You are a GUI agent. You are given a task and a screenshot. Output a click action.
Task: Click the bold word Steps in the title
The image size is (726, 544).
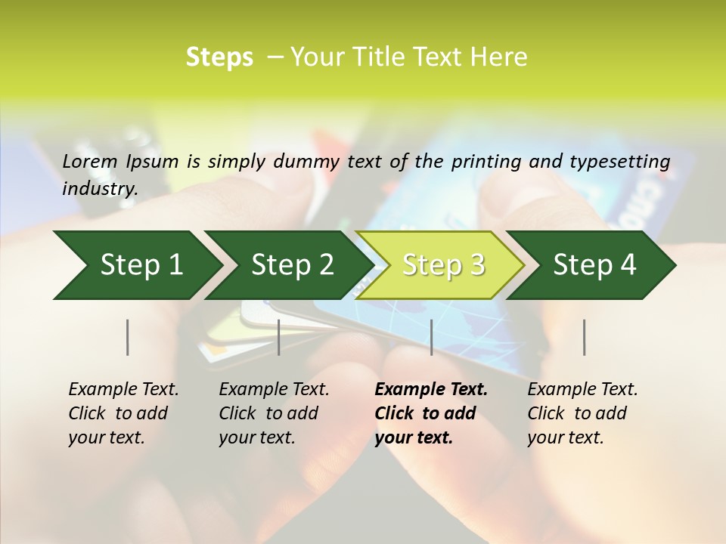tap(219, 57)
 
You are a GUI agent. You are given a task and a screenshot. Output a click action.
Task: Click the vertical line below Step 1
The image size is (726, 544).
tap(128, 337)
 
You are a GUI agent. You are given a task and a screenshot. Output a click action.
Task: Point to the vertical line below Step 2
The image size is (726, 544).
tap(279, 337)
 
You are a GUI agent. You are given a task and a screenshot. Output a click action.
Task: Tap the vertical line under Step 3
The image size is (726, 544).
tap(431, 337)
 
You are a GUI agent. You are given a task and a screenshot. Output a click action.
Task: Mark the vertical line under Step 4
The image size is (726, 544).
tap(584, 337)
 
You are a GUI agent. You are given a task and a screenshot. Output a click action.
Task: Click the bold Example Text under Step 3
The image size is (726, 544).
tap(431, 413)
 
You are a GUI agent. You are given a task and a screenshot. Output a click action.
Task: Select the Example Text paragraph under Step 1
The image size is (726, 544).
tap(123, 413)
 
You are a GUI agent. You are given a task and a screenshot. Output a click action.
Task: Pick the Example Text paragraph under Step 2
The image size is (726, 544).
tap(274, 413)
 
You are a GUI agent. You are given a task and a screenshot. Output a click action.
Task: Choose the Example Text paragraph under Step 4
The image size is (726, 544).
tap(582, 413)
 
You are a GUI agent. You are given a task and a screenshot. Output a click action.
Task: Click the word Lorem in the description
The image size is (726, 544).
tap(90, 162)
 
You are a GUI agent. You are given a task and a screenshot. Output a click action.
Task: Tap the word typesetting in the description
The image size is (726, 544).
tap(627, 162)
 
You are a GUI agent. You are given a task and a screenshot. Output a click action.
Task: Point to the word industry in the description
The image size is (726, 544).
tap(100, 189)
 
